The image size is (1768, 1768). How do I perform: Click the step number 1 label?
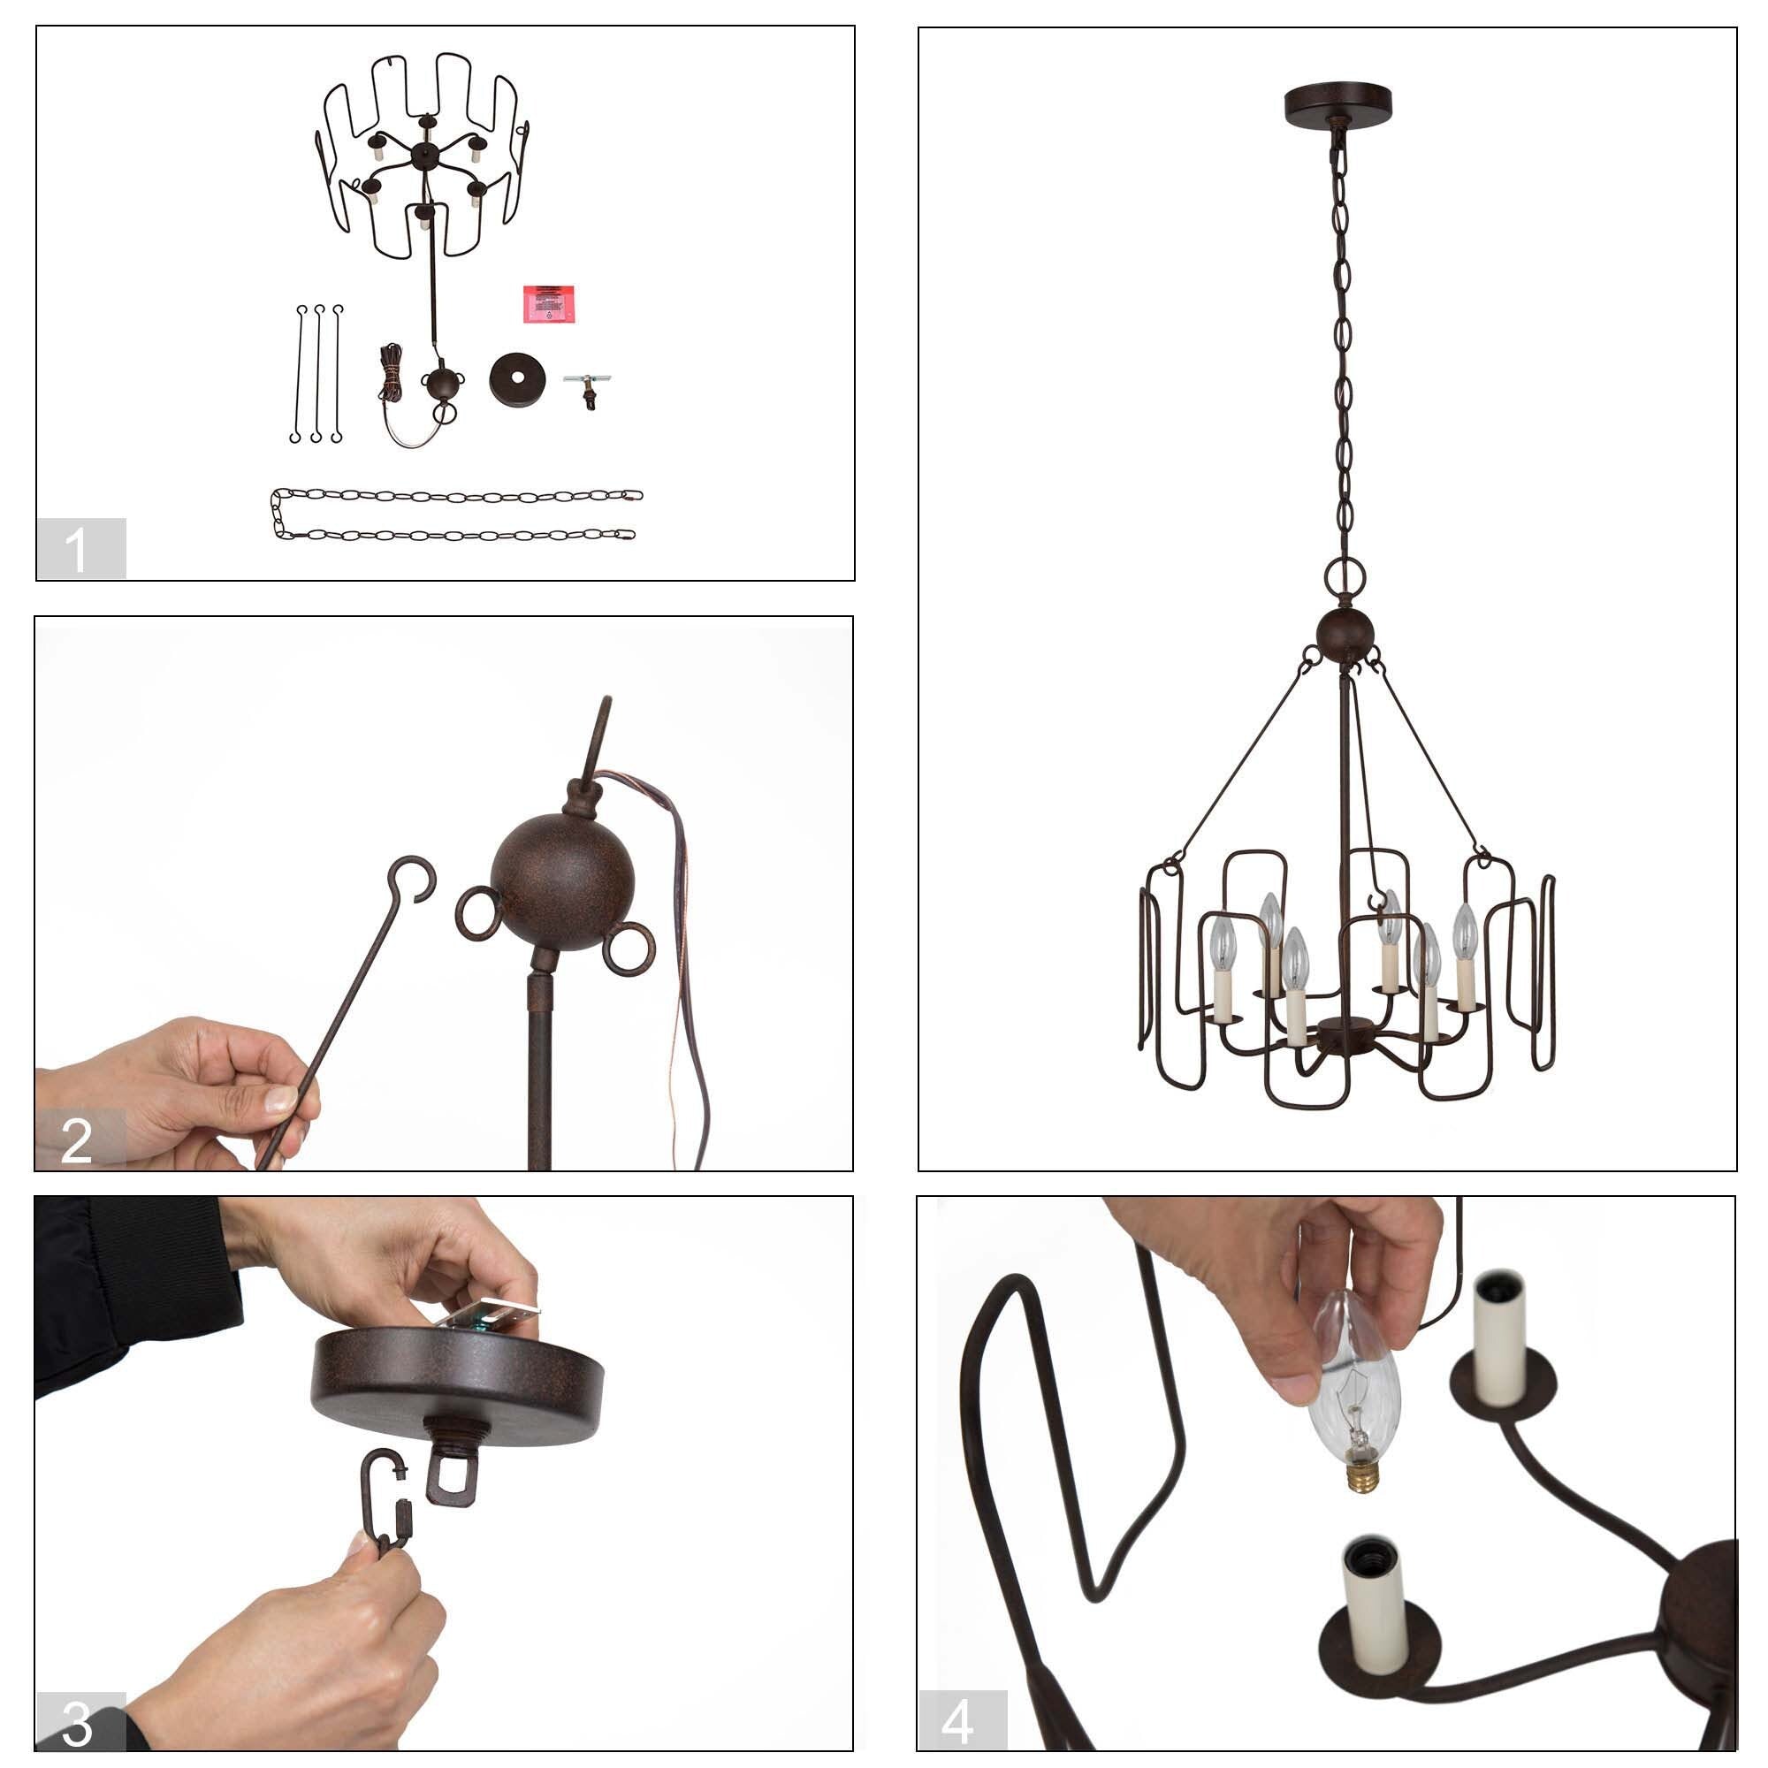tap(80, 548)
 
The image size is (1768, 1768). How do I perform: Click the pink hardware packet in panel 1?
tap(547, 303)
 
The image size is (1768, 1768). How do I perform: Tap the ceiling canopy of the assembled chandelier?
tap(1337, 103)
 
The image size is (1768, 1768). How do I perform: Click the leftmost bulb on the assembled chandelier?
tap(1223, 941)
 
